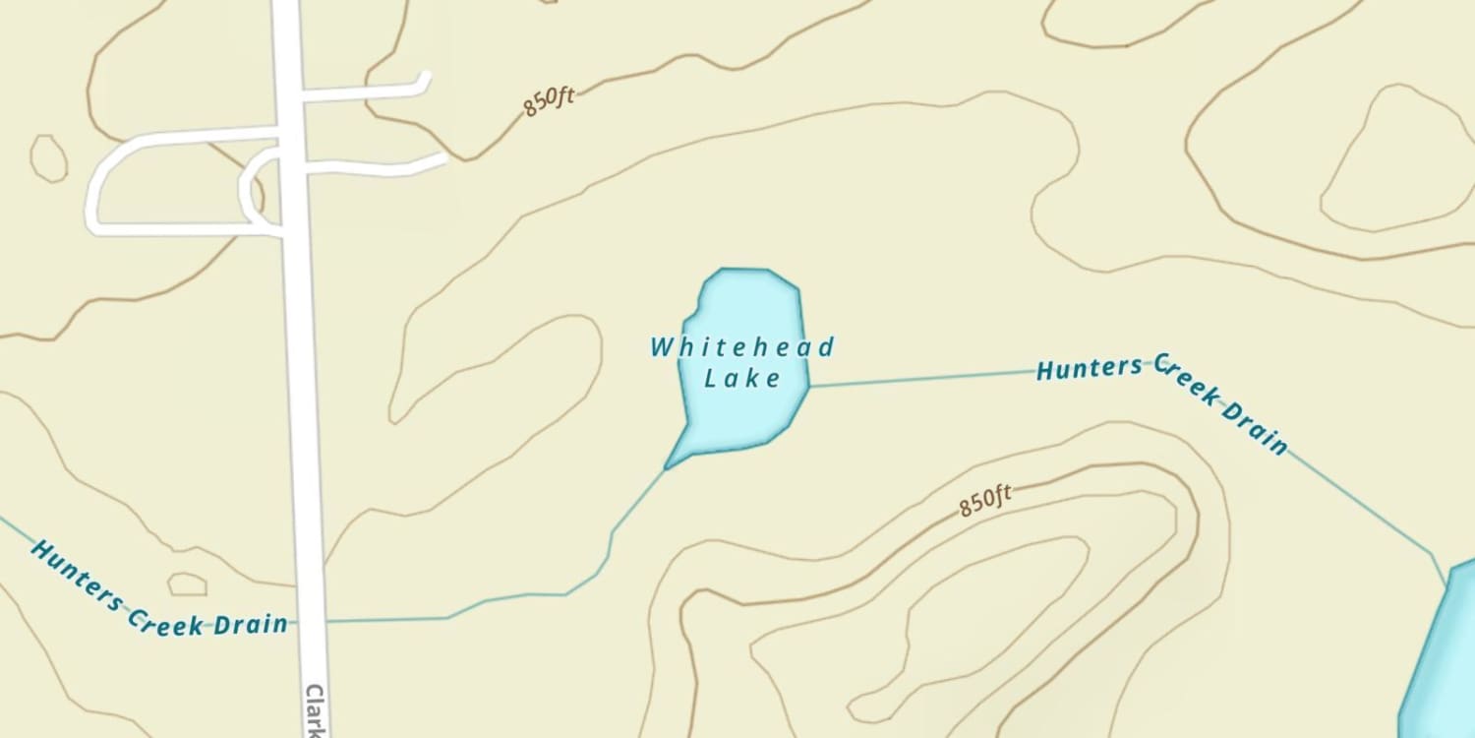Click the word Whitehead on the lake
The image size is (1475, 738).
tap(742, 347)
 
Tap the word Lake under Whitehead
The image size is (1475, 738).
tap(742, 378)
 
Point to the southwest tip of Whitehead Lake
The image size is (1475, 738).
tap(667, 468)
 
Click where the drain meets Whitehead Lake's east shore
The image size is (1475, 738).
tap(809, 387)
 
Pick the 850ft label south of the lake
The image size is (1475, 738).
tap(985, 501)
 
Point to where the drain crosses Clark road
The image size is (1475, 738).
tap(312, 622)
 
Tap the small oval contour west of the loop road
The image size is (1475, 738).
tap(48, 157)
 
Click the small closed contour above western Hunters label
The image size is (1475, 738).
tap(187, 584)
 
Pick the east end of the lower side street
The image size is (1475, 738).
tap(441, 157)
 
